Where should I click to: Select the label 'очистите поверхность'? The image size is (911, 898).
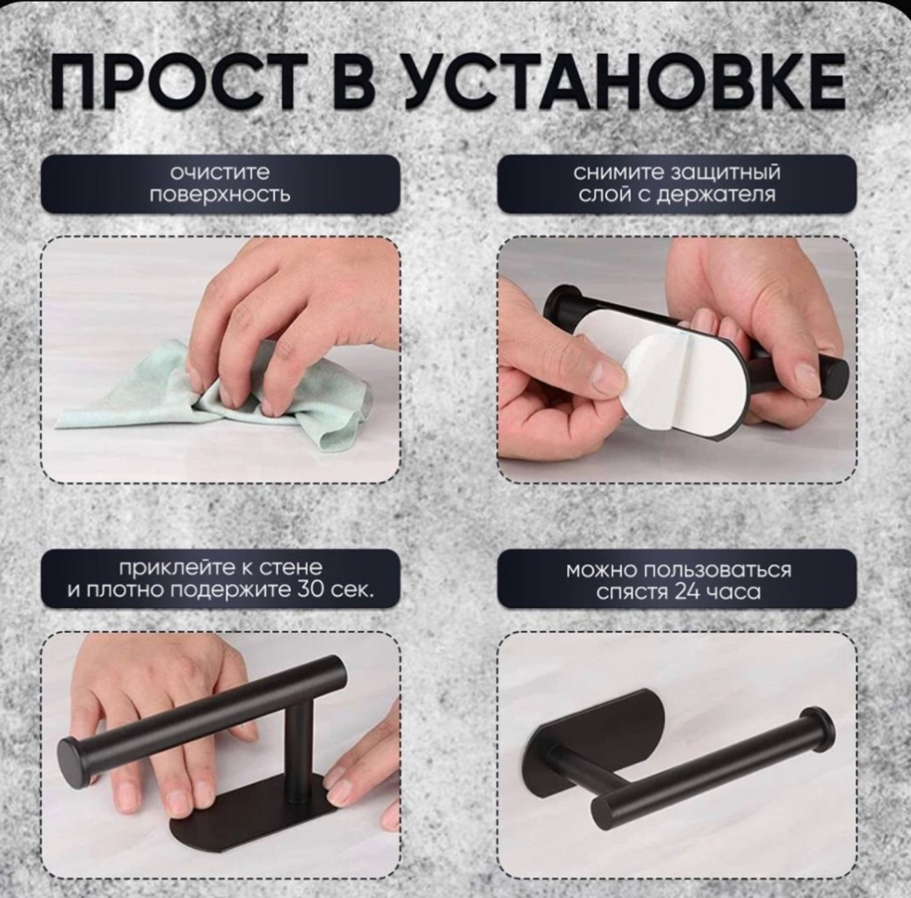tap(220, 184)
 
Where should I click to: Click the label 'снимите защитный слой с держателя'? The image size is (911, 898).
tap(676, 184)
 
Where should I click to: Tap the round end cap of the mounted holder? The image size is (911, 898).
tap(816, 733)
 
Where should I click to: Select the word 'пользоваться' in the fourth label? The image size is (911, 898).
tap(716, 570)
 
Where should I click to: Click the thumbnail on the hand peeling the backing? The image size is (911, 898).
tap(610, 370)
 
